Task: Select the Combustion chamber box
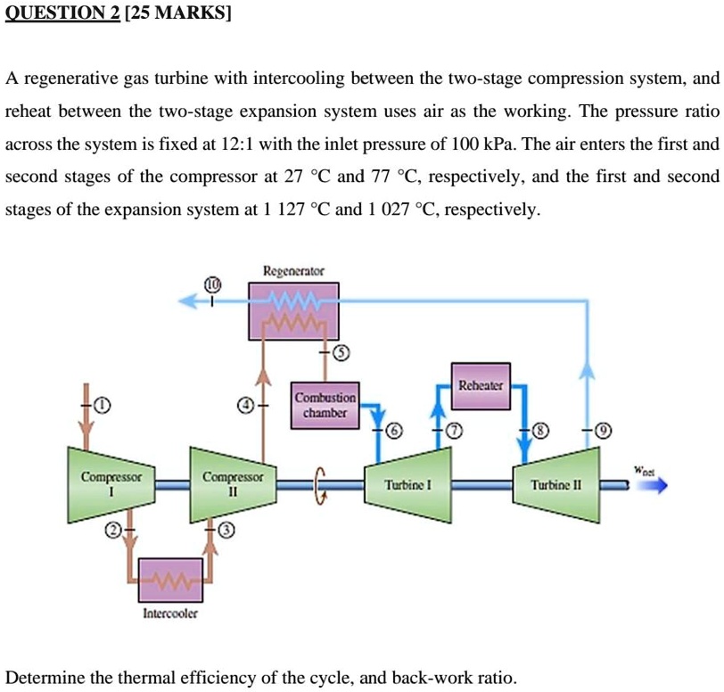[325, 407]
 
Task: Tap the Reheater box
[481, 386]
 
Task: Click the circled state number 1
[105, 407]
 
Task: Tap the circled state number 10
[212, 284]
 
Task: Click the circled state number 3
[226, 532]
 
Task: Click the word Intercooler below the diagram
[170, 614]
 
